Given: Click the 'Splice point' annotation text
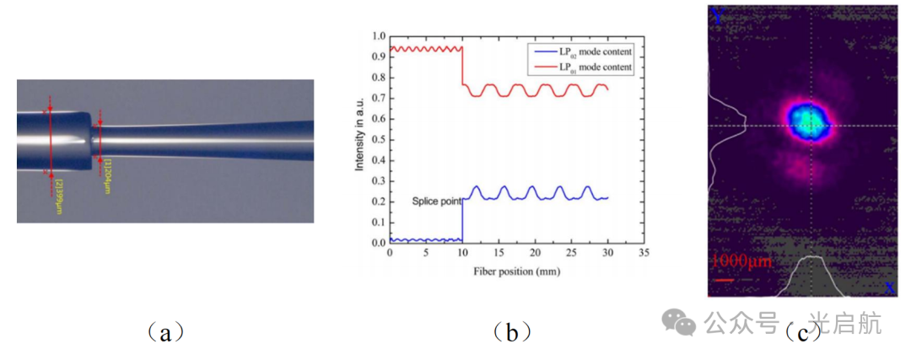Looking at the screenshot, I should (x=437, y=201).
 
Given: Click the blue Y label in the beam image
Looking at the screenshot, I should (x=718, y=14).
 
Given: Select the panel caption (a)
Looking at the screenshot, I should (x=164, y=332).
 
